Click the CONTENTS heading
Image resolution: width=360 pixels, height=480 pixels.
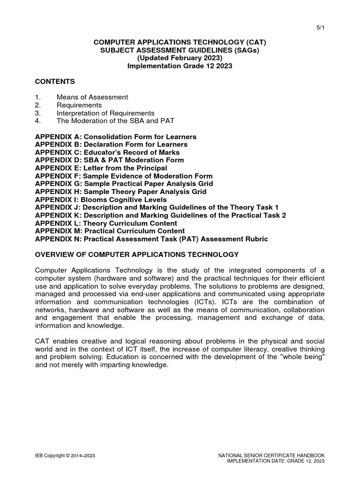pos(55,82)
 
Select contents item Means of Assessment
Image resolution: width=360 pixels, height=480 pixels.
pos(92,97)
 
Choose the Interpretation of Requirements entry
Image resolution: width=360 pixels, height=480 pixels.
pos(105,113)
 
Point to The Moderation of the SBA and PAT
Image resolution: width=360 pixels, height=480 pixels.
pos(115,121)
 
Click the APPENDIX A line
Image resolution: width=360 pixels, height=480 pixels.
pos(116,136)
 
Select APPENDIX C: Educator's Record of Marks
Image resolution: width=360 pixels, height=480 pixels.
pos(107,152)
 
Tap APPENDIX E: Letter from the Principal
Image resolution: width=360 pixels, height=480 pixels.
pos(101,168)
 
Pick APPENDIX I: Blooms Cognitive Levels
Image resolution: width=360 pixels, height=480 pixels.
pos(101,200)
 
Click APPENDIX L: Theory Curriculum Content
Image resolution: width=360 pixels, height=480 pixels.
pos(106,223)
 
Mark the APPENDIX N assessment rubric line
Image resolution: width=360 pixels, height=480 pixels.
pos(151,239)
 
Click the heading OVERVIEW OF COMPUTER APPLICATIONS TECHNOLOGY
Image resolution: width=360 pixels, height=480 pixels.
pos(137,255)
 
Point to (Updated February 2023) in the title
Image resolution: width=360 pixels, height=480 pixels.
pos(180,58)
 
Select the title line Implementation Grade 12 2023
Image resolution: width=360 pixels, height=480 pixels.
pos(180,66)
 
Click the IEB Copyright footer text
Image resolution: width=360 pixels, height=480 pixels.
pos(66,456)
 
